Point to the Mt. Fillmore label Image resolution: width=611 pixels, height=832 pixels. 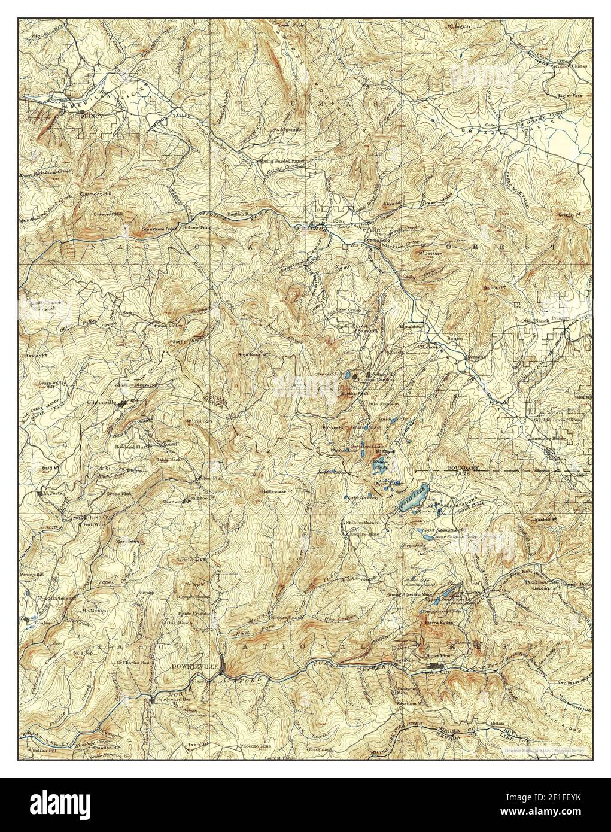click(x=197, y=420)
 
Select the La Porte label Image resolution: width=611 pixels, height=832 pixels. click(x=52, y=493)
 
